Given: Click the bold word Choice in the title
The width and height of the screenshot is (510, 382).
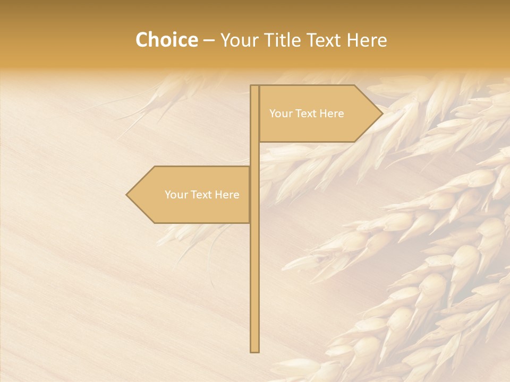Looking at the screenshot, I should coord(166,40).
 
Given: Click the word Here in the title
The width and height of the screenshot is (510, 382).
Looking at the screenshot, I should coord(367,40).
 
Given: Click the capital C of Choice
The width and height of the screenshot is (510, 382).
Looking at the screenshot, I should coord(142,40).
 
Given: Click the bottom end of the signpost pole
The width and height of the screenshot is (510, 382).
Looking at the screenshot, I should coord(254,350).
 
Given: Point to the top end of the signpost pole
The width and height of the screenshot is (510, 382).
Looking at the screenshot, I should coord(254,86).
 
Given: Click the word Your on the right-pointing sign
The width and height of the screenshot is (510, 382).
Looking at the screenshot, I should coord(280,114).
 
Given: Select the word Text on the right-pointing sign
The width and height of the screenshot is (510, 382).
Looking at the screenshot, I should coord(307,114).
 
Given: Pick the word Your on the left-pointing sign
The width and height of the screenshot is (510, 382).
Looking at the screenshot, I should coord(176,195).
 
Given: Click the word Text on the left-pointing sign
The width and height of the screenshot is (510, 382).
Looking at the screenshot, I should coord(202,195).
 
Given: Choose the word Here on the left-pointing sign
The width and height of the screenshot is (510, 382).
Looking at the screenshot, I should coord(227,195).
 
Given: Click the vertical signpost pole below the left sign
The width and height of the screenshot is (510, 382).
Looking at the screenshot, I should coord(254,286).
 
